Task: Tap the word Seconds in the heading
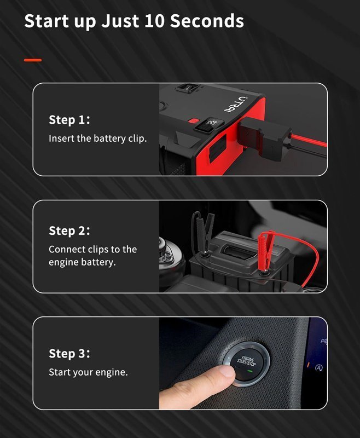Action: point(207,21)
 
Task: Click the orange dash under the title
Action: point(33,60)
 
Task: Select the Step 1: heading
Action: point(69,119)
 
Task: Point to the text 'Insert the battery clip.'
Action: point(98,139)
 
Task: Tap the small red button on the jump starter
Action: point(193,121)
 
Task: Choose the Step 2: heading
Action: point(69,230)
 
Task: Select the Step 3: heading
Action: point(69,353)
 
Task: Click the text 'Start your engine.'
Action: point(88,372)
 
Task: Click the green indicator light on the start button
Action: point(250,371)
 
